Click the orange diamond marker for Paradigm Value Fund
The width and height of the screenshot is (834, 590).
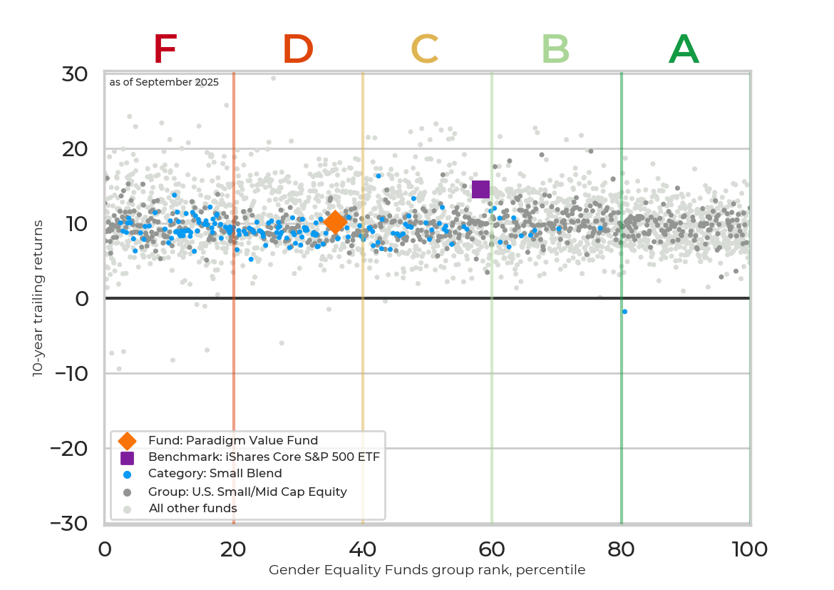pos(335,223)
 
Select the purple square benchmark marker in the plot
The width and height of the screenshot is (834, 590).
pos(480,189)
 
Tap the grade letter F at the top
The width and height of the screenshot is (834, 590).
pos(165,50)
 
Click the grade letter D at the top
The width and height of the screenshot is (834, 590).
pos(298,50)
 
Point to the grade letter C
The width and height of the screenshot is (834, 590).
pos(424,50)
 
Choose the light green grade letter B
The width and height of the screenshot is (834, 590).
pos(555,50)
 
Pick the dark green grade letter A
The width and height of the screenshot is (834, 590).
pos(684,50)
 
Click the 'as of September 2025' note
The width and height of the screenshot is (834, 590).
pos(164,82)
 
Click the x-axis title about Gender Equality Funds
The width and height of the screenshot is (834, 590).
pos(427,570)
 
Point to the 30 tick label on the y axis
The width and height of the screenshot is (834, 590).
pos(74,74)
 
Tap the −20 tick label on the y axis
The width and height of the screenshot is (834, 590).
pos(69,449)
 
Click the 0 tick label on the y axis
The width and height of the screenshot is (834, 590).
pos(82,299)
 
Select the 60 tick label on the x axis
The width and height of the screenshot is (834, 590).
pos(492,549)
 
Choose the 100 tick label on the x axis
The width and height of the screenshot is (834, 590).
pos(749,549)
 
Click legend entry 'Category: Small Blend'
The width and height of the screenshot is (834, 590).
pos(215,474)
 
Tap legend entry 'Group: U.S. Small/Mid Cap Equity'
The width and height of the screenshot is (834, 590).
pos(247,492)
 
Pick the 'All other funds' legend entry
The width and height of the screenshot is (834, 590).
pos(192,509)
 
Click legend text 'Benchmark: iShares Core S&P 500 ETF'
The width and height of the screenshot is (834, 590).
pos(264,457)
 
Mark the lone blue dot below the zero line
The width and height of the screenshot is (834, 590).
pos(624,312)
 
